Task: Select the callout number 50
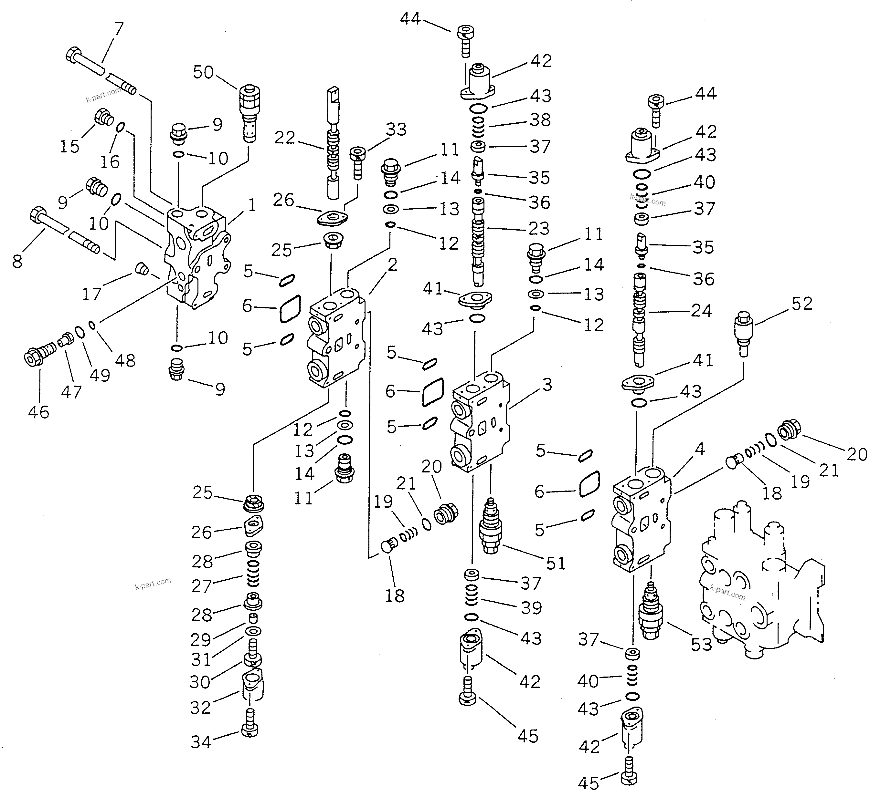click(x=203, y=72)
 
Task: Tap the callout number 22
click(x=285, y=138)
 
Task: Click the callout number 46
click(x=39, y=412)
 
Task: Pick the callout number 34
click(x=201, y=742)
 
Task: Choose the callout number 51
click(x=556, y=563)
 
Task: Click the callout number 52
click(x=802, y=304)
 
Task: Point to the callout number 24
click(x=701, y=311)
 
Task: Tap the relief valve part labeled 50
click(x=249, y=112)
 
